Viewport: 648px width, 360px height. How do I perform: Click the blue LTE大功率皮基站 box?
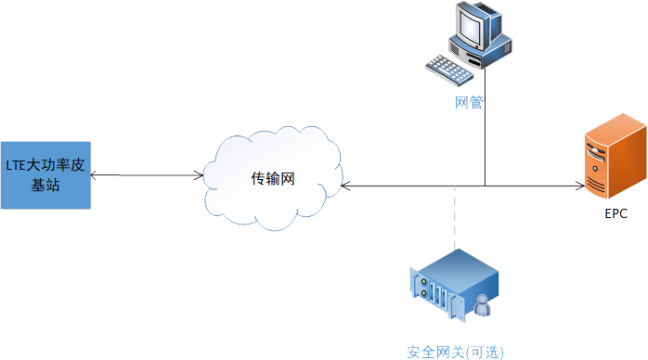coord(45,174)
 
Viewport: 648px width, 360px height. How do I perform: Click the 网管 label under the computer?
coord(469,102)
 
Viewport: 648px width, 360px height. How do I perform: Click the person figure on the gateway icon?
coord(483,305)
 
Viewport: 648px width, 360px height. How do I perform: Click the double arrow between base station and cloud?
coord(149,174)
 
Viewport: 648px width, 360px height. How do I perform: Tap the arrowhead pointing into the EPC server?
coord(577,186)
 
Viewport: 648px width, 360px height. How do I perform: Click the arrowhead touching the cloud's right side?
coord(344,186)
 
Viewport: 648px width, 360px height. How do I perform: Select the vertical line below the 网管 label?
coord(484,148)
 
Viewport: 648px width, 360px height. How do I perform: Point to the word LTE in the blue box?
coord(16,165)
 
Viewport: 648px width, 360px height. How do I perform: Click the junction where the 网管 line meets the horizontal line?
coord(484,186)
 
